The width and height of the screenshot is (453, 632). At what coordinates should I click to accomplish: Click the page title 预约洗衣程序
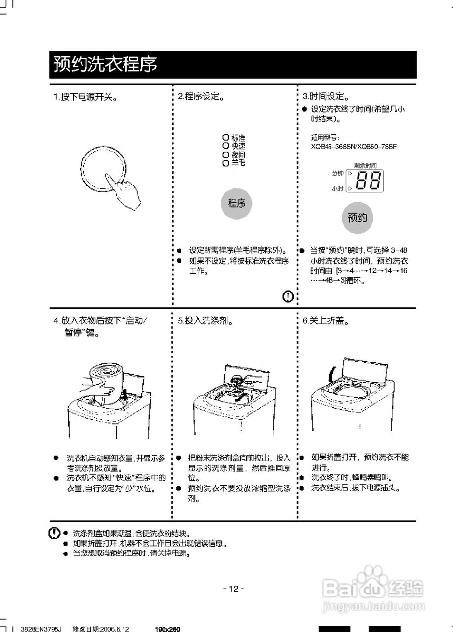tap(105, 65)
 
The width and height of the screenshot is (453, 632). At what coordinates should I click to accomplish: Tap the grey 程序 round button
tap(236, 203)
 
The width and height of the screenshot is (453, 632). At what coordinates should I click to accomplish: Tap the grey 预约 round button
tap(357, 217)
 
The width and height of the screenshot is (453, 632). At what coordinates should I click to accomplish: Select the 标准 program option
tap(234, 138)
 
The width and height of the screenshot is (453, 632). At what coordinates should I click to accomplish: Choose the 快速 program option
tap(234, 146)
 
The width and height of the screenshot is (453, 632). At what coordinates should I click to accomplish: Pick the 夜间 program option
tap(234, 155)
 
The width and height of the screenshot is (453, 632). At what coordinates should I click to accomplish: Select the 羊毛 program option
tap(234, 162)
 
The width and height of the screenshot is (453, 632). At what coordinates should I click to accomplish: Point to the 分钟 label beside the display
tap(337, 174)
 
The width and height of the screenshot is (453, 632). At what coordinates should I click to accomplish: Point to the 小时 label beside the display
tap(337, 189)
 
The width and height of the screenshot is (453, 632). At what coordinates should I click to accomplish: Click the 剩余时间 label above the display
tap(365, 166)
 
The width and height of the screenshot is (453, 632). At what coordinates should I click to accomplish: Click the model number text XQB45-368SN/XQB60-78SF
tap(354, 147)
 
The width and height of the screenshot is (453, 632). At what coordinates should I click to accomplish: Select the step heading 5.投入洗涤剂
tap(205, 321)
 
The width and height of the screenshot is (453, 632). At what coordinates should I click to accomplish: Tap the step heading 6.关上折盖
tap(326, 321)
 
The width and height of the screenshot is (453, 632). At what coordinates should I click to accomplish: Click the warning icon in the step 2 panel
tap(288, 296)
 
